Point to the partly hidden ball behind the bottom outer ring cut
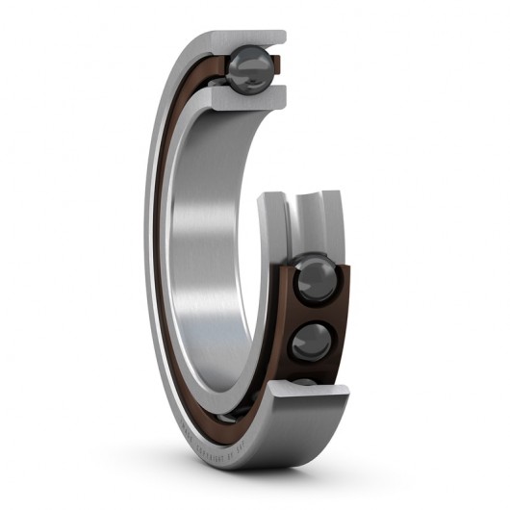point(306,383)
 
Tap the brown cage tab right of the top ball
point(276,65)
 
